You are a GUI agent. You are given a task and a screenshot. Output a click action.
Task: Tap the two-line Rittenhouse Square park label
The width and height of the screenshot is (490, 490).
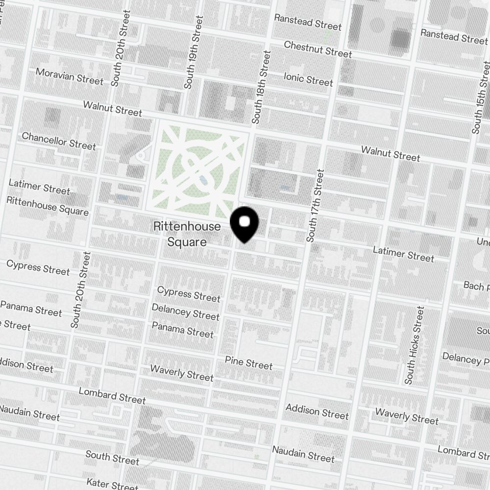187,234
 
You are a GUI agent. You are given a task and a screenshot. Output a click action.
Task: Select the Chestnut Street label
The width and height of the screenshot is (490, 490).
318,49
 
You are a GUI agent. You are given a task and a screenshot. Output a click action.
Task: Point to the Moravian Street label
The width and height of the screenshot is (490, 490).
70,76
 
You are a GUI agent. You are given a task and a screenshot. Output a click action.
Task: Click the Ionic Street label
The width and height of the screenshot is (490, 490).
308,78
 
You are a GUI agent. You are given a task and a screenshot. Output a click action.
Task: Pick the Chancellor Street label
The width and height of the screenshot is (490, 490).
59,140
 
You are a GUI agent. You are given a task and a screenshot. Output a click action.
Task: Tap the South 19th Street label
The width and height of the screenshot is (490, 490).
193,52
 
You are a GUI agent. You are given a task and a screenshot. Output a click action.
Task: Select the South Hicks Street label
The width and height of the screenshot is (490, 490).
414,345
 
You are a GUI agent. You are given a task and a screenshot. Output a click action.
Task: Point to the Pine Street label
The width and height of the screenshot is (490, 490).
248,363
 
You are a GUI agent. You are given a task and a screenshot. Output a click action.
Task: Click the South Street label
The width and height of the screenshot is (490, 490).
112,458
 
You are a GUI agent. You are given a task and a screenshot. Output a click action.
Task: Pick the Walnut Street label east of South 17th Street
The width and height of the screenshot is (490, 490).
391,153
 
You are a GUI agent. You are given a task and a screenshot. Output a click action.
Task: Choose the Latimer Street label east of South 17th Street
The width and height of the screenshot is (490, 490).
403,253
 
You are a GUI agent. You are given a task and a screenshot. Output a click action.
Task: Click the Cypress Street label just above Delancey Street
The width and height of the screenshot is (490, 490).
189,294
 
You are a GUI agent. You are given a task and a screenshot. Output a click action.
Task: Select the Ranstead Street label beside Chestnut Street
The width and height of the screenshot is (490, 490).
308,22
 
